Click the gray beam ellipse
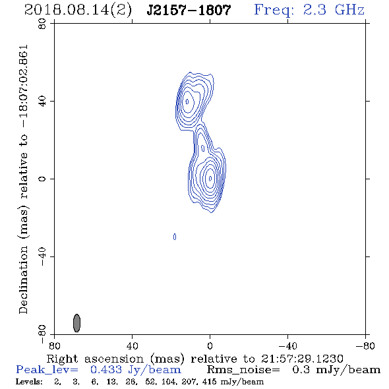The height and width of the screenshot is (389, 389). pyautogui.click(x=77, y=323)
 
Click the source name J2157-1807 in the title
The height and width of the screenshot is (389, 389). pyautogui.click(x=189, y=11)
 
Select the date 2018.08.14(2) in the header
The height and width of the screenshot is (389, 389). pyautogui.click(x=78, y=11)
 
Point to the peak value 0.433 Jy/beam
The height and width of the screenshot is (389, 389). pyautogui.click(x=135, y=370)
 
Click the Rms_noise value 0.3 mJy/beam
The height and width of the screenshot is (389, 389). pyautogui.click(x=336, y=370)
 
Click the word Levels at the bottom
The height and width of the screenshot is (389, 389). pyautogui.click(x=29, y=382)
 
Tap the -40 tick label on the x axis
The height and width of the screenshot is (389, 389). pyautogui.click(x=287, y=345)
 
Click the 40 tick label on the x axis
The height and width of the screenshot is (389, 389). pyautogui.click(x=132, y=345)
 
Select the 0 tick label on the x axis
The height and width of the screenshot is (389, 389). pyautogui.click(x=210, y=345)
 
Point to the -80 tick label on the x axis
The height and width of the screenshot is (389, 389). pyautogui.click(x=365, y=345)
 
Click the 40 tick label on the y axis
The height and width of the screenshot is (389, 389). pyautogui.click(x=42, y=102)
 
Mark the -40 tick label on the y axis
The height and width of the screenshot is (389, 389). pyautogui.click(x=42, y=256)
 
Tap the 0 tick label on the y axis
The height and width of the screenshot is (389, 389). pyautogui.click(x=42, y=179)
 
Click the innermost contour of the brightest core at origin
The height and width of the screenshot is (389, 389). pyautogui.click(x=210, y=179)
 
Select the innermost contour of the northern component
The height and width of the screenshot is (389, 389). pyautogui.click(x=187, y=102)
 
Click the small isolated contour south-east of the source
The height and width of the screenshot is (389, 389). pyautogui.click(x=175, y=237)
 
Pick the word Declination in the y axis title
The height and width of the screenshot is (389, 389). pyautogui.click(x=23, y=280)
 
